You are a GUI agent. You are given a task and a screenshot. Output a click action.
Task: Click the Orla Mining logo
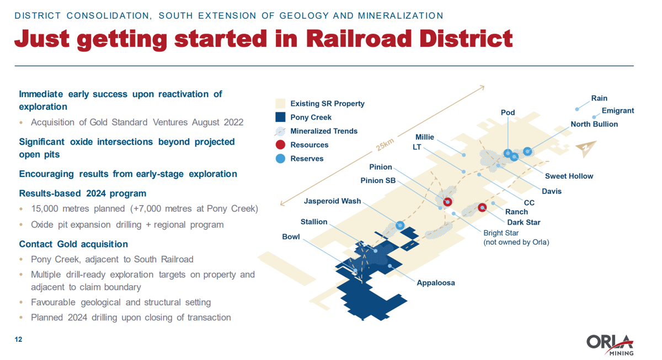pyautogui.click(x=610, y=344)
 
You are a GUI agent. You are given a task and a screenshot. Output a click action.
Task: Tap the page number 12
pyautogui.click(x=18, y=340)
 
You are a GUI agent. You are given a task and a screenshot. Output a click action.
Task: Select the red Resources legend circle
pyautogui.click(x=280, y=145)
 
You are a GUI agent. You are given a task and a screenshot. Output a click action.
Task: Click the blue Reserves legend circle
pyautogui.click(x=280, y=159)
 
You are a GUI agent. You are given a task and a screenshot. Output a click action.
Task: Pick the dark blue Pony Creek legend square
pyautogui.click(x=280, y=117)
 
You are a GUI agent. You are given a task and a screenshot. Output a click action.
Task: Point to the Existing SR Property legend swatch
pyautogui.click(x=280, y=104)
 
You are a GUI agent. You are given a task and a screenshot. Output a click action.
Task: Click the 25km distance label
pyautogui.click(x=385, y=144)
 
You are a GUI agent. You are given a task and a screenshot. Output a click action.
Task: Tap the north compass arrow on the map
pyautogui.click(x=586, y=149)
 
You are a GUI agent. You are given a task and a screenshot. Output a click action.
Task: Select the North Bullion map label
pyautogui.click(x=594, y=125)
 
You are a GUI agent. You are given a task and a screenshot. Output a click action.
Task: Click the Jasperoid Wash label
pyautogui.click(x=332, y=201)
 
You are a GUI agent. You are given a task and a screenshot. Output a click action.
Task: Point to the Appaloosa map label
pyautogui.click(x=435, y=283)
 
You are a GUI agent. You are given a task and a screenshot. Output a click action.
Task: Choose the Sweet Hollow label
pyautogui.click(x=569, y=176)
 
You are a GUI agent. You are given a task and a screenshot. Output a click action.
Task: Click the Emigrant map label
pyautogui.click(x=617, y=111)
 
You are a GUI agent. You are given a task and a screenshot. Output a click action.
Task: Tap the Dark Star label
pyautogui.click(x=524, y=223)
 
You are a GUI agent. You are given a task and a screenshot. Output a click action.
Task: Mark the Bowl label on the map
pyautogui.click(x=291, y=237)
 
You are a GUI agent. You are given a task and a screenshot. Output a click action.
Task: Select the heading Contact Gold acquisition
pyautogui.click(x=73, y=244)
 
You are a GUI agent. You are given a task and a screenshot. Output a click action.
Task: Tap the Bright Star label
pyautogui.click(x=501, y=233)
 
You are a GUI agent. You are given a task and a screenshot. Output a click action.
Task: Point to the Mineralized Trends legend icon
pyautogui.click(x=280, y=131)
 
